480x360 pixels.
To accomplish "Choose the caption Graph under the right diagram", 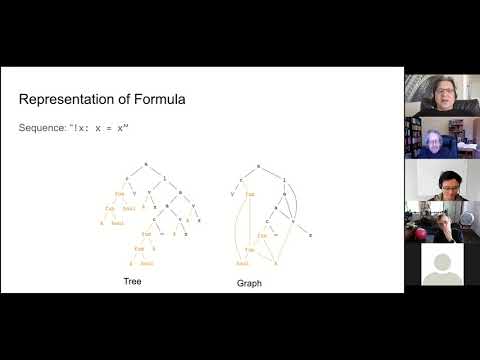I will coord(248,283).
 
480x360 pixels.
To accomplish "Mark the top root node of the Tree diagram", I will coord(145,162).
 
